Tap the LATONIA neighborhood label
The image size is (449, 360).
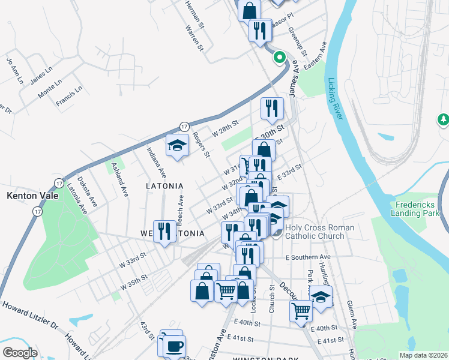point(164,187)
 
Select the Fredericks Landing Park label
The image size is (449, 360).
point(415,208)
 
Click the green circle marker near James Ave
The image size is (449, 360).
point(279,58)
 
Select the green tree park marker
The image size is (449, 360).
point(444,121)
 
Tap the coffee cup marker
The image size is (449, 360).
point(175,346)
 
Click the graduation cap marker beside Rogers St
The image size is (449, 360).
point(177,145)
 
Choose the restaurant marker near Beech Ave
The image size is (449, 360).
point(164,231)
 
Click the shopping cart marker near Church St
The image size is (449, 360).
point(301,311)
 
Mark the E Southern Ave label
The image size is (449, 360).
point(309,257)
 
